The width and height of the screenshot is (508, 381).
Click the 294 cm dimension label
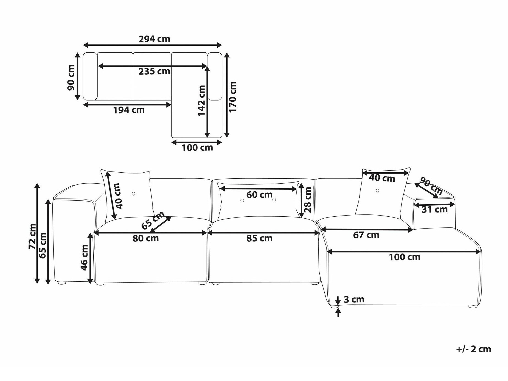tap(154, 39)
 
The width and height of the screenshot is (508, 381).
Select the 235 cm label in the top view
tap(154, 71)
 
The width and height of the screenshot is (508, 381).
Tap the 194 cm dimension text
tap(129, 110)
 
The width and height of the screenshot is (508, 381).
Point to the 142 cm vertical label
tap(202, 100)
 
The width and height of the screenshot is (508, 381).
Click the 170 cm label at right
tap(233, 97)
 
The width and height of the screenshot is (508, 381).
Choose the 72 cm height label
tap(32, 236)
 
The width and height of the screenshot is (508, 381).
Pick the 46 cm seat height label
tap(84, 257)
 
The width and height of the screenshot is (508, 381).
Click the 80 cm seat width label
tap(146, 238)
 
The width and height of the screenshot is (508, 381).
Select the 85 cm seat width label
tap(259, 238)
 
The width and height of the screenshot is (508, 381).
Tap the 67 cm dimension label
tap(366, 235)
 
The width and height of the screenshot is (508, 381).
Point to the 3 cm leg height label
tap(354, 299)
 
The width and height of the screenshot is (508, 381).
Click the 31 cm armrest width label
tap(435, 209)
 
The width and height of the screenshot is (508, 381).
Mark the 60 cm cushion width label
tap(259, 195)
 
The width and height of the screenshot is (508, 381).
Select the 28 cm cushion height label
tap(308, 200)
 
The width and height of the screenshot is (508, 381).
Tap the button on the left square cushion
tap(134, 194)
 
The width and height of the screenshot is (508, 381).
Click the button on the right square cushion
tap(377, 190)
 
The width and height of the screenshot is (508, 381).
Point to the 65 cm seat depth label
tap(153, 220)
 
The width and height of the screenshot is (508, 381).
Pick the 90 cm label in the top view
tap(71, 77)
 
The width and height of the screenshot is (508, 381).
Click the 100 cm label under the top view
tap(197, 148)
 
